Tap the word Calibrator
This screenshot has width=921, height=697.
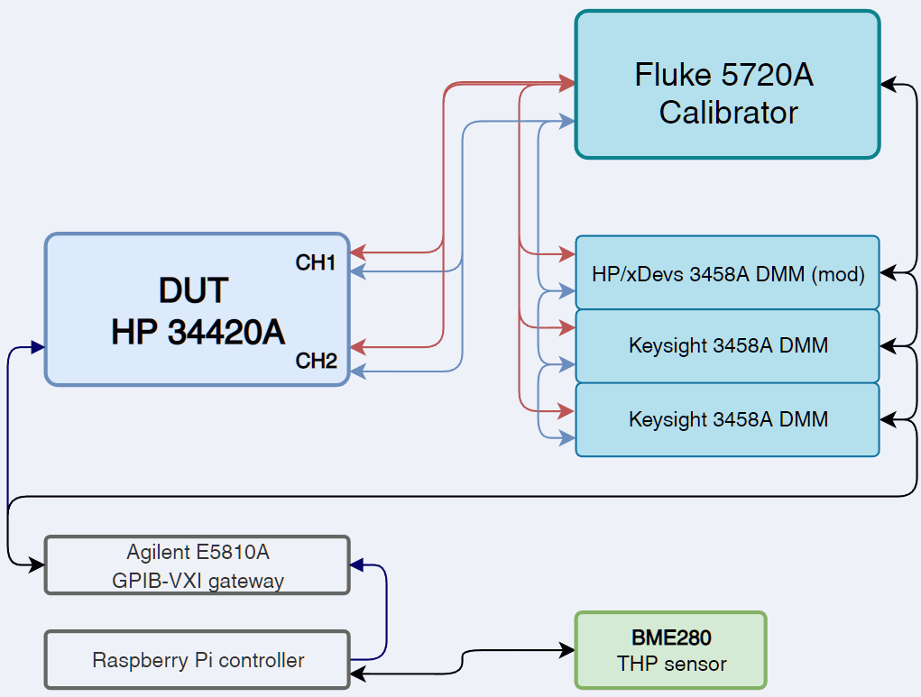(x=728, y=113)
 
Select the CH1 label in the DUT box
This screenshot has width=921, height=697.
(x=316, y=263)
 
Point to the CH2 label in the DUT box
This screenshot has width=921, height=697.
(x=316, y=362)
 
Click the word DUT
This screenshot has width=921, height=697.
(x=193, y=290)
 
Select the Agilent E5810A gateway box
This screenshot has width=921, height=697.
(x=197, y=565)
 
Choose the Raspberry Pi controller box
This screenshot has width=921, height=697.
(x=197, y=660)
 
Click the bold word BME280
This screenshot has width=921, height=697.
(x=671, y=638)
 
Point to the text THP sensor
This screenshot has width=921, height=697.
(x=671, y=665)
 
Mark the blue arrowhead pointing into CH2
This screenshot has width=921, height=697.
(x=357, y=371)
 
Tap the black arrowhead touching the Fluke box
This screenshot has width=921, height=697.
(x=888, y=85)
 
